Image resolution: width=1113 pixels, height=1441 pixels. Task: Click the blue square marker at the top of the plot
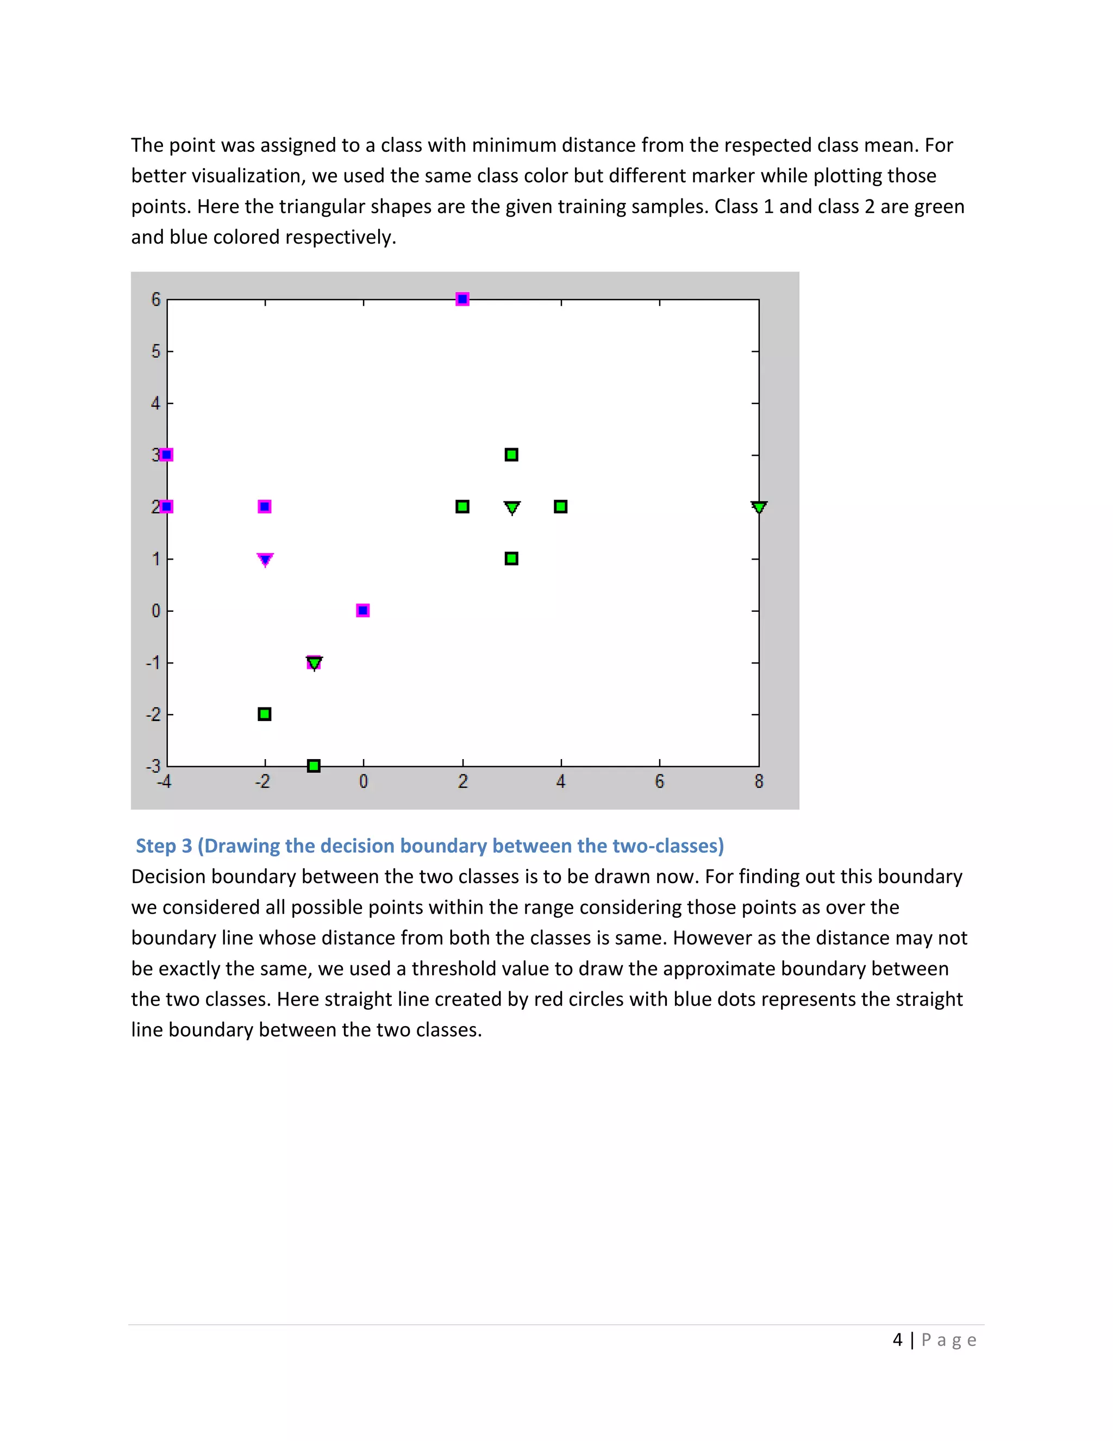(x=462, y=299)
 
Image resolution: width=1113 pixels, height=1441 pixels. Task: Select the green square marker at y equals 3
(x=511, y=455)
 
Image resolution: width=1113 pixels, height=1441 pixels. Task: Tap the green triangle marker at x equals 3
(x=511, y=507)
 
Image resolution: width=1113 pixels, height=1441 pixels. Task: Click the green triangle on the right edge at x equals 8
(x=759, y=507)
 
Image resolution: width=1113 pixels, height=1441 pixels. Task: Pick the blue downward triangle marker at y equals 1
(x=265, y=560)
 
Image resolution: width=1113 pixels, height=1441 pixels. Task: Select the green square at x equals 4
(x=560, y=507)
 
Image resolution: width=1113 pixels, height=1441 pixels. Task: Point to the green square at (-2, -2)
(x=265, y=714)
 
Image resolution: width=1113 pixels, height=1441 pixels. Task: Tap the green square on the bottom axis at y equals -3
(x=314, y=766)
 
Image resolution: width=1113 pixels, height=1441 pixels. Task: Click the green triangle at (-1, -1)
(x=315, y=662)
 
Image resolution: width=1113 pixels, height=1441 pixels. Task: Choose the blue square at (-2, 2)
(x=265, y=507)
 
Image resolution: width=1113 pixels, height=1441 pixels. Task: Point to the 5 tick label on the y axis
(x=155, y=351)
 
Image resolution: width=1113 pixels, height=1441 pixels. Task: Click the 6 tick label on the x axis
(x=659, y=782)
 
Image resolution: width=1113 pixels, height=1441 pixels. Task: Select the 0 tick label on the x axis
(x=364, y=782)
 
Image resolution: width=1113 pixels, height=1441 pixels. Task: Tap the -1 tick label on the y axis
(x=153, y=662)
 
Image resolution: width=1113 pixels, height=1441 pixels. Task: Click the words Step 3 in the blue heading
(x=164, y=846)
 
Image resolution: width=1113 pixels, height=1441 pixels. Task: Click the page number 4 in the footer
(x=897, y=1340)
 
